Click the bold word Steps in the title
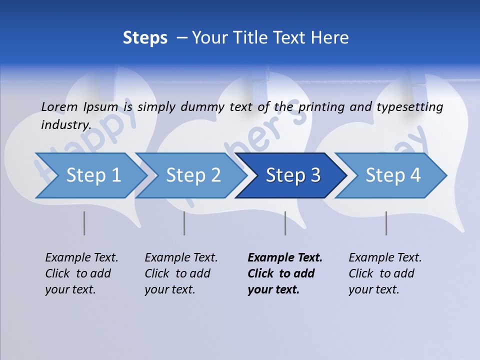145,38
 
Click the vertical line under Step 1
84,223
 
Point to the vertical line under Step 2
184,223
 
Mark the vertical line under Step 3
285,223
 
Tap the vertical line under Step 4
386,223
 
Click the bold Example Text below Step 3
285,273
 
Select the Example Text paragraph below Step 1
81,273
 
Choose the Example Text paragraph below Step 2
181,273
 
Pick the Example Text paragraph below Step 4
385,273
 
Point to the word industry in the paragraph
65,125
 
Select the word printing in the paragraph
319,107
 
